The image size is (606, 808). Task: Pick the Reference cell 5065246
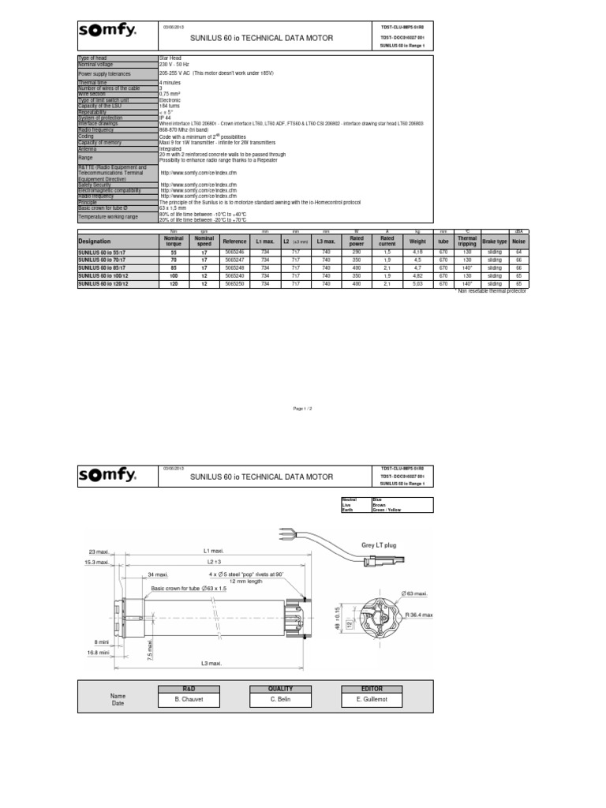click(235, 252)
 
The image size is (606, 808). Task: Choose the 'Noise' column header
click(518, 241)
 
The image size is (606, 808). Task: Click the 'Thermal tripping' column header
click(467, 241)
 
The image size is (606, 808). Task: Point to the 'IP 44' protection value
click(166, 118)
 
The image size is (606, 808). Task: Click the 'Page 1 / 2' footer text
click(303, 410)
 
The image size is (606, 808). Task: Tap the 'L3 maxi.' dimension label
click(211, 664)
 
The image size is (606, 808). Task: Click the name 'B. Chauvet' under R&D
click(189, 699)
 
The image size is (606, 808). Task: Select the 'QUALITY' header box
click(280, 688)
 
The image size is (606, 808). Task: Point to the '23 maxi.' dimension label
click(102, 551)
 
